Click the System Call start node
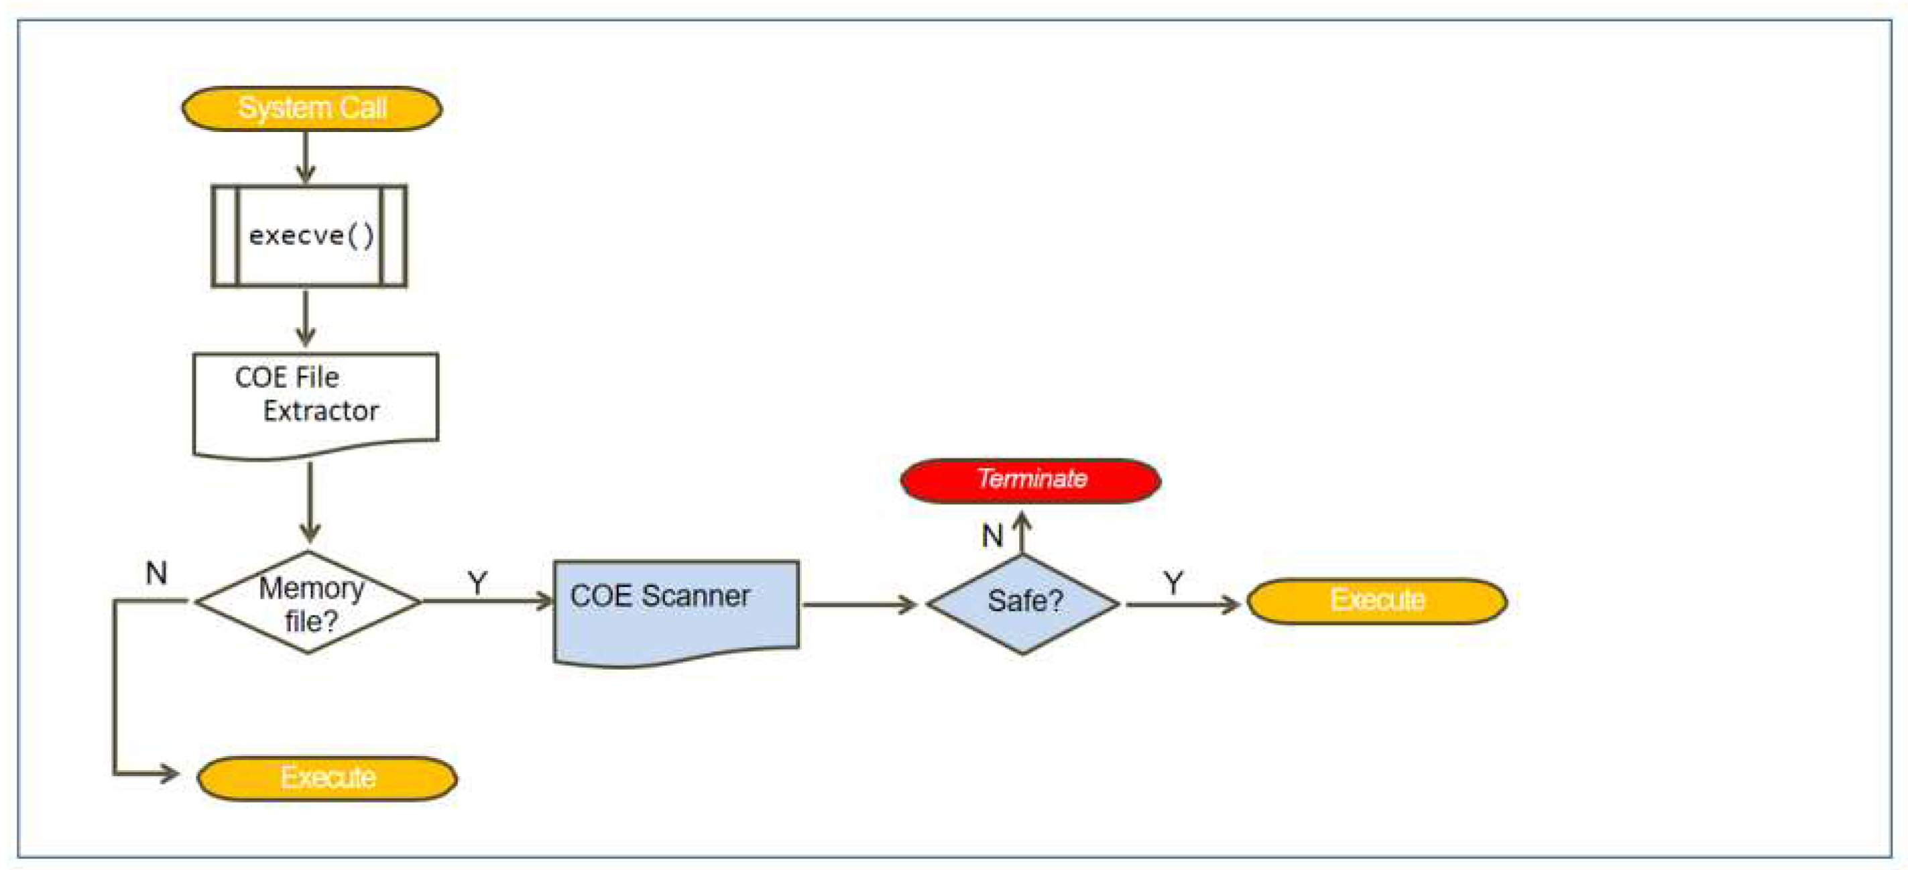coord(312,109)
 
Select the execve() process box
coord(309,235)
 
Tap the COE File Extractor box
coord(315,400)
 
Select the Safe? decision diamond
coord(1023,603)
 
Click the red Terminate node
coord(1030,480)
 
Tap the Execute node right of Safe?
coord(1377,601)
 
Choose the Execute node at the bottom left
coord(326,778)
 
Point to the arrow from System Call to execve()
coord(305,157)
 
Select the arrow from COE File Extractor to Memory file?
coord(310,502)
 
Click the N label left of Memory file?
coord(156,573)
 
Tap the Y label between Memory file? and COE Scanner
coord(478,582)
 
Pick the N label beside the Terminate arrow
coord(992,536)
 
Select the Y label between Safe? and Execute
coord(1173,582)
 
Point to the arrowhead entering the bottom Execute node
coord(168,774)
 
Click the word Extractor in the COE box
coord(320,411)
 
